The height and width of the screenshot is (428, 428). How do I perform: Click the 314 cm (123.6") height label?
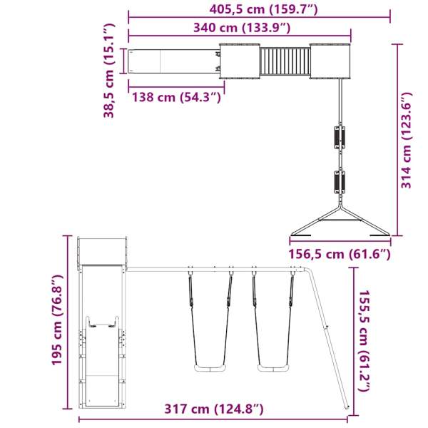(406, 141)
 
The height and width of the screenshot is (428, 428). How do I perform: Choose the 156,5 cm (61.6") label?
(339, 254)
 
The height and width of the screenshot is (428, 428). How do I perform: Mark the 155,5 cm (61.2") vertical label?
(364, 341)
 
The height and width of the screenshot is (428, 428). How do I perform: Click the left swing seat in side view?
(209, 368)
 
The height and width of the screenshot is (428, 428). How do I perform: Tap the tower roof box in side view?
(101, 250)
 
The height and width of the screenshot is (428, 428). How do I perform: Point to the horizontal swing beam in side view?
(214, 269)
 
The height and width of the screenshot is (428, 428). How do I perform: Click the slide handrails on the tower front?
(101, 327)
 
